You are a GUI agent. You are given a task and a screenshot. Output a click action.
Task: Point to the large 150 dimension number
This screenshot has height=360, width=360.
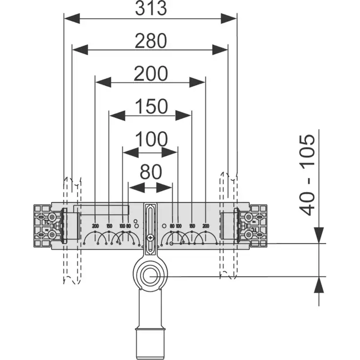[x=150, y=106]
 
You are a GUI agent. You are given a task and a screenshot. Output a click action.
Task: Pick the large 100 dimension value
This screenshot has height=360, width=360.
[x=150, y=140]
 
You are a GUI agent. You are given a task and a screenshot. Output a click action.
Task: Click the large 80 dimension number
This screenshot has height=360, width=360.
[x=150, y=172]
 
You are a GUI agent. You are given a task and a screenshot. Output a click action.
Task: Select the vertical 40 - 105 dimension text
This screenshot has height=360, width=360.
[x=307, y=175]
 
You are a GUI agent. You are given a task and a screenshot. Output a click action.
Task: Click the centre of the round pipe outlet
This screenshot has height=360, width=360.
[x=150, y=276]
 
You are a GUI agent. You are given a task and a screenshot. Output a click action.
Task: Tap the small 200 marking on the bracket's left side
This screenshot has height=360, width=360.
[x=95, y=226]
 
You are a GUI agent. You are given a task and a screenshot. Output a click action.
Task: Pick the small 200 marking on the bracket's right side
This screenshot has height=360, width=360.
[x=206, y=226]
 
